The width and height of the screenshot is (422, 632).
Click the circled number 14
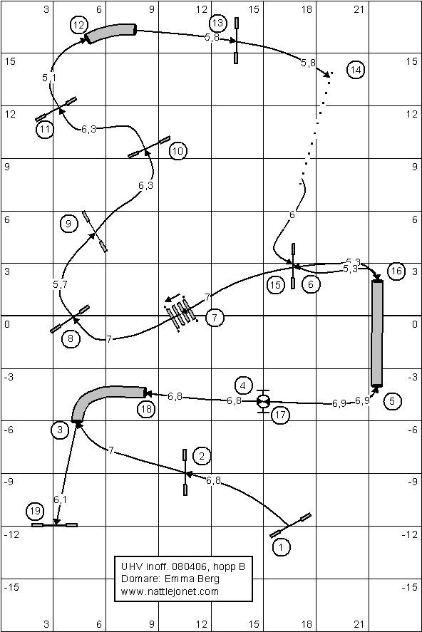(x=356, y=70)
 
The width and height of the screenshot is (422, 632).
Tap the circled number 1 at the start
(x=281, y=547)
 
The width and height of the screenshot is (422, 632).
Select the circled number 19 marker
(x=35, y=511)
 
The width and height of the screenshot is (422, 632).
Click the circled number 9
(x=68, y=223)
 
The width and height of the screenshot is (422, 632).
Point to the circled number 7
(x=215, y=318)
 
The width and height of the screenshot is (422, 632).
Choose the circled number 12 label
(x=78, y=25)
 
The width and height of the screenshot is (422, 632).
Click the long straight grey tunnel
(x=377, y=333)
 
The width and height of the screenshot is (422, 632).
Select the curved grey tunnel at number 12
(x=110, y=32)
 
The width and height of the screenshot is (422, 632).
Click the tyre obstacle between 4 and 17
(x=263, y=401)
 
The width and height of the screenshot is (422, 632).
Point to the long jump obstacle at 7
(x=181, y=314)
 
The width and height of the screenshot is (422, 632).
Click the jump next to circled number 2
(x=185, y=472)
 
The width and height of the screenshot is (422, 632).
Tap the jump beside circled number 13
(x=236, y=41)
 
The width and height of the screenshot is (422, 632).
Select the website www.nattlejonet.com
(x=170, y=591)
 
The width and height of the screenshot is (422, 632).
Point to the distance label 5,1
(x=48, y=78)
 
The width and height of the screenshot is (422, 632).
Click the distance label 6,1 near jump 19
(x=61, y=499)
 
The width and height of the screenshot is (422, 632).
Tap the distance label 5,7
(x=60, y=284)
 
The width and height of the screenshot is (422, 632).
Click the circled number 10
(x=177, y=151)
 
